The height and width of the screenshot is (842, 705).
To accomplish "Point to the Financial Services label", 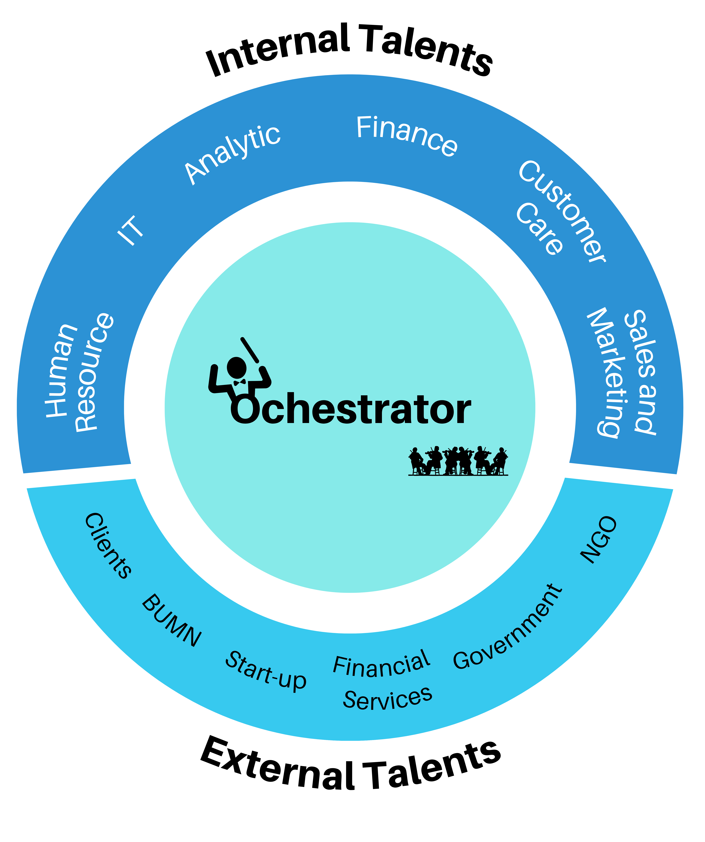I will pos(383,682).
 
